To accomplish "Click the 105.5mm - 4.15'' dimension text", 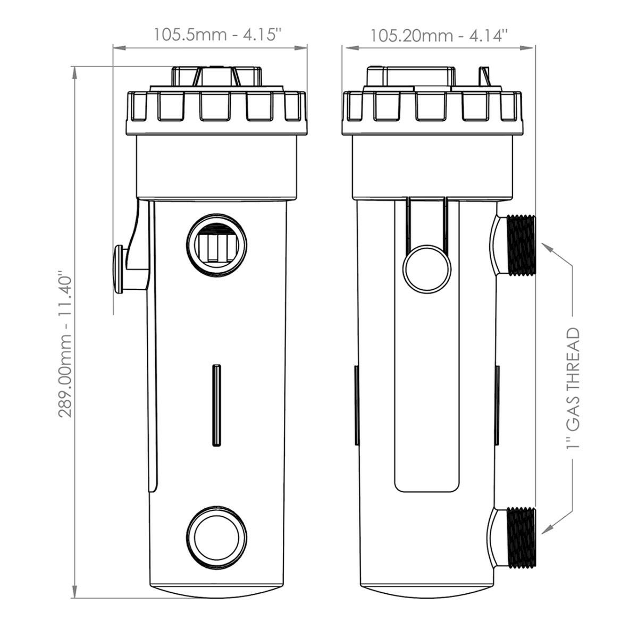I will point(217,35).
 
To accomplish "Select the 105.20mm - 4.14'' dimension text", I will point(439,35).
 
